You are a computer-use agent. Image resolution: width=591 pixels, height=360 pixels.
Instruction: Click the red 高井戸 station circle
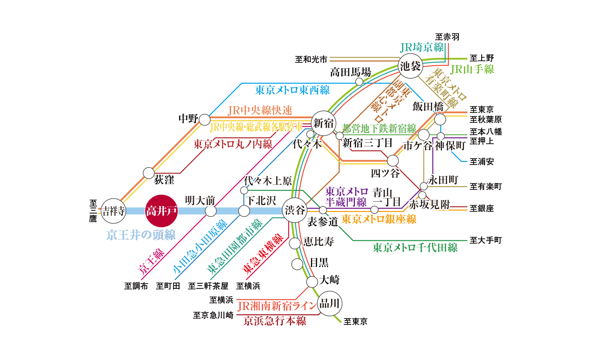click(x=162, y=211)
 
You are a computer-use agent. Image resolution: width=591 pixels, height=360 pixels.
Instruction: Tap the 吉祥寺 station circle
click(x=114, y=211)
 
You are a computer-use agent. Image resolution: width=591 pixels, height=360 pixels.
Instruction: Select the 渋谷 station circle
click(x=295, y=210)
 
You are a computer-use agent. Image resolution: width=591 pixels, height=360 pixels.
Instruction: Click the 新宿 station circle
click(x=323, y=123)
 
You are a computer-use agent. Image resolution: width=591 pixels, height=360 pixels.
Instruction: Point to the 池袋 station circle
click(x=410, y=66)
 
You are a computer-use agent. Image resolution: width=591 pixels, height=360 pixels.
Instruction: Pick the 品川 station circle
click(x=329, y=303)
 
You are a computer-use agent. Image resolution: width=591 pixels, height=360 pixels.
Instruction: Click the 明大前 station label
click(x=200, y=200)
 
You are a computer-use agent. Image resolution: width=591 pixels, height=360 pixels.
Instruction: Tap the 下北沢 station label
click(x=261, y=200)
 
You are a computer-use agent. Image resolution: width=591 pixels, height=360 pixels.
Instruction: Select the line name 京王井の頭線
click(x=141, y=235)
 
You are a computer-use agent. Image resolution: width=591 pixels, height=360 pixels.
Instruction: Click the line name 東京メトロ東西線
click(x=292, y=90)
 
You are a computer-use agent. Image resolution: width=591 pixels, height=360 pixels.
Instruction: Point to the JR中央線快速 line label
click(x=260, y=110)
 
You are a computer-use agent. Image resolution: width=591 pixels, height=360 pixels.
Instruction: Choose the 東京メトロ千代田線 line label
click(x=415, y=248)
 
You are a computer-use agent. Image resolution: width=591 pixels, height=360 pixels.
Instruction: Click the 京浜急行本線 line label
click(x=275, y=321)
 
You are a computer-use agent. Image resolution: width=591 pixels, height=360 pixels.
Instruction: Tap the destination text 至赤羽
click(x=447, y=37)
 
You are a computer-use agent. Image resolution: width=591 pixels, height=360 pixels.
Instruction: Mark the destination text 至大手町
click(x=486, y=240)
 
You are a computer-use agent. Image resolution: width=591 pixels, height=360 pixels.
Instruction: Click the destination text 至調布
click(x=136, y=286)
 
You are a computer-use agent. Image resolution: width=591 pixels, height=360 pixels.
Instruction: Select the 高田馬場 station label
click(x=351, y=72)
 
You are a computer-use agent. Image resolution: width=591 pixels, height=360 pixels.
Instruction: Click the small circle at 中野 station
click(x=205, y=120)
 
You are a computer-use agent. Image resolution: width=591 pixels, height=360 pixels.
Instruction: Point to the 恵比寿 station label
click(x=318, y=242)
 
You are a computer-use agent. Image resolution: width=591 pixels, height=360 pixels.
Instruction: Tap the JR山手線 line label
click(x=472, y=69)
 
